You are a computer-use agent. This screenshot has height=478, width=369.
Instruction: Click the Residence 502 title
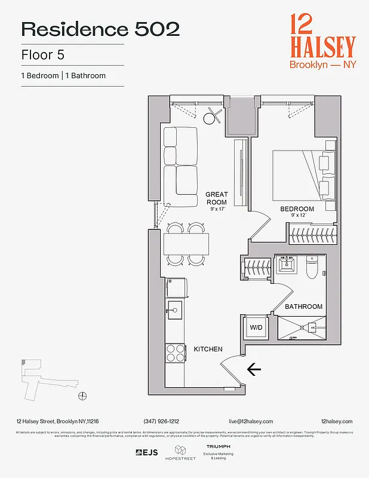click(100, 29)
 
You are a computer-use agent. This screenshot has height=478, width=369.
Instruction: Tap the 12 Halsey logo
click(322, 41)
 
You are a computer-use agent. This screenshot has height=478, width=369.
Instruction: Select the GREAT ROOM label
click(216, 198)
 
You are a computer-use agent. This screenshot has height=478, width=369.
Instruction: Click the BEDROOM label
click(297, 209)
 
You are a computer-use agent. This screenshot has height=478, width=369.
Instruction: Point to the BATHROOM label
click(303, 307)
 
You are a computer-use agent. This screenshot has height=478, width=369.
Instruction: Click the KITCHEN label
click(208, 349)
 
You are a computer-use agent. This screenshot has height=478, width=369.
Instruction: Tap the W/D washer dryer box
click(256, 327)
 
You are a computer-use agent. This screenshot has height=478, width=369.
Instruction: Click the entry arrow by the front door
click(254, 370)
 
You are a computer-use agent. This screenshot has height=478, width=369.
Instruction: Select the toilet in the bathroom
click(311, 268)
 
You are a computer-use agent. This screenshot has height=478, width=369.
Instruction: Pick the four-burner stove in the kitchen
click(175, 353)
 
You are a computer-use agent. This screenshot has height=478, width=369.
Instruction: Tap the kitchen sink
click(174, 308)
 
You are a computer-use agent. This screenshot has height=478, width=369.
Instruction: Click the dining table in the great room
click(186, 244)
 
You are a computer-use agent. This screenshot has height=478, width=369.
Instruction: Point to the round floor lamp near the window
click(212, 119)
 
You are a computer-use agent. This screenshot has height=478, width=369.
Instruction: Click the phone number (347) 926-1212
click(161, 421)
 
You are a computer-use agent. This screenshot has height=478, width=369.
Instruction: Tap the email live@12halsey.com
click(250, 421)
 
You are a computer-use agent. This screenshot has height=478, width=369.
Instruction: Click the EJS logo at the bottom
click(147, 452)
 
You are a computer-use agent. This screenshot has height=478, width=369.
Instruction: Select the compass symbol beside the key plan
click(82, 396)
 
